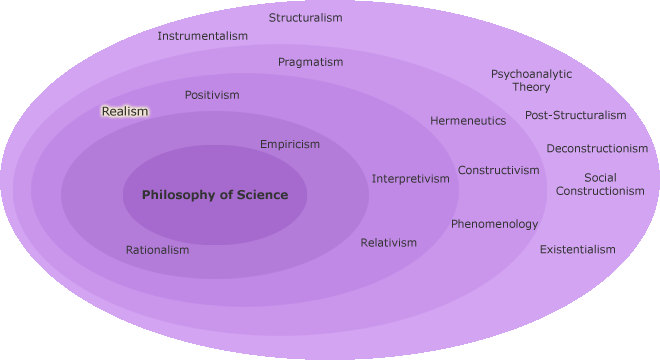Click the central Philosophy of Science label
(x=215, y=195)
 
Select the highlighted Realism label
(x=125, y=112)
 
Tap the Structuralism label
(x=306, y=18)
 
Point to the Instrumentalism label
(x=203, y=37)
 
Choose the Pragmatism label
(x=310, y=62)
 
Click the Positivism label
(x=212, y=95)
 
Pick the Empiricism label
(x=290, y=144)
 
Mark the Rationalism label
(x=157, y=250)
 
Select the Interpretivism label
(x=411, y=179)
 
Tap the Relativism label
(x=389, y=243)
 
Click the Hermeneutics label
(x=468, y=121)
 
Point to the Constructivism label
(x=499, y=170)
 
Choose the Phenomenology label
(x=494, y=224)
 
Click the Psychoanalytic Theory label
(x=531, y=80)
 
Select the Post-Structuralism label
(x=576, y=115)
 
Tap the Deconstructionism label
(x=597, y=149)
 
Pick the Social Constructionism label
(x=600, y=184)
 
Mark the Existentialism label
(x=578, y=249)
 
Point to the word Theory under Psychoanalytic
(x=531, y=88)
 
